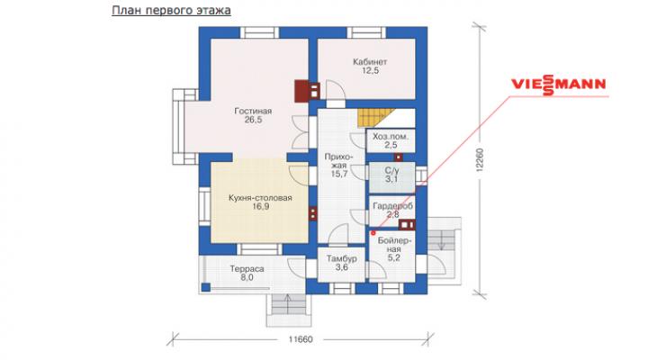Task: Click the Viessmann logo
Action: point(558,84)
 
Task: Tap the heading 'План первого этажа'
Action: point(171,10)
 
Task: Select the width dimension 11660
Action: point(301,339)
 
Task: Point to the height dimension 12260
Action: point(480,159)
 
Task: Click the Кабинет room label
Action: point(370,62)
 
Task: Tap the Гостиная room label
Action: point(253,112)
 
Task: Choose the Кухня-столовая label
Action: point(260,198)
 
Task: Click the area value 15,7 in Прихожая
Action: point(339,174)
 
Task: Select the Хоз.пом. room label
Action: point(391,137)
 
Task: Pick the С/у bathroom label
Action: point(392,171)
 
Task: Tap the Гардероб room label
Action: point(393,206)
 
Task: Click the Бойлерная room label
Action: point(393,246)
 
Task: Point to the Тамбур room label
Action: point(341,258)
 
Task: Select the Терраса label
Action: point(247,269)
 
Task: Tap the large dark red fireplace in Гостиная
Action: point(302,91)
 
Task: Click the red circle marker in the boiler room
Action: point(373,233)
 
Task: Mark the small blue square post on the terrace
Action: point(205,287)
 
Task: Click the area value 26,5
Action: point(253,120)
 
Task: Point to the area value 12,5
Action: point(370,71)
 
